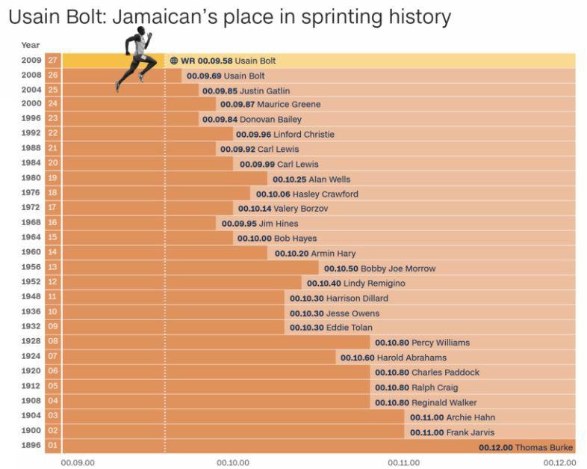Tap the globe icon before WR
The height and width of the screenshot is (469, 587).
(174, 61)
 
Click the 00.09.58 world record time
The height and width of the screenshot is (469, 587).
(214, 61)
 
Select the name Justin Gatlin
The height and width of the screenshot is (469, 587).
(264, 91)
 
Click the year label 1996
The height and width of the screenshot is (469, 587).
(31, 119)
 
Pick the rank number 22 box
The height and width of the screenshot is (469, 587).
(52, 135)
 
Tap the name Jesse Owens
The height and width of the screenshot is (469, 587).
(352, 313)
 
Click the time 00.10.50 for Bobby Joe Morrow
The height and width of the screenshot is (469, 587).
(341, 269)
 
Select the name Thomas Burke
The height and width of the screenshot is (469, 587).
(544, 447)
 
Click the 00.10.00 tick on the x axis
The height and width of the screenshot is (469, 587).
(232, 462)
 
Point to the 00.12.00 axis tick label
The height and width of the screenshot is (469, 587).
(559, 462)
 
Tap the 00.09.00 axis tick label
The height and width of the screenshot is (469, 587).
(78, 462)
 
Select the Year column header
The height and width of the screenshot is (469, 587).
(31, 45)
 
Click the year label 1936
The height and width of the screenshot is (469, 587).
(31, 313)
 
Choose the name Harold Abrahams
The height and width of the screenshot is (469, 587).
(411, 358)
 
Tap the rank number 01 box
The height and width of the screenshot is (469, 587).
(52, 447)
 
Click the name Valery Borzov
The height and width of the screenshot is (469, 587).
(300, 209)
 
